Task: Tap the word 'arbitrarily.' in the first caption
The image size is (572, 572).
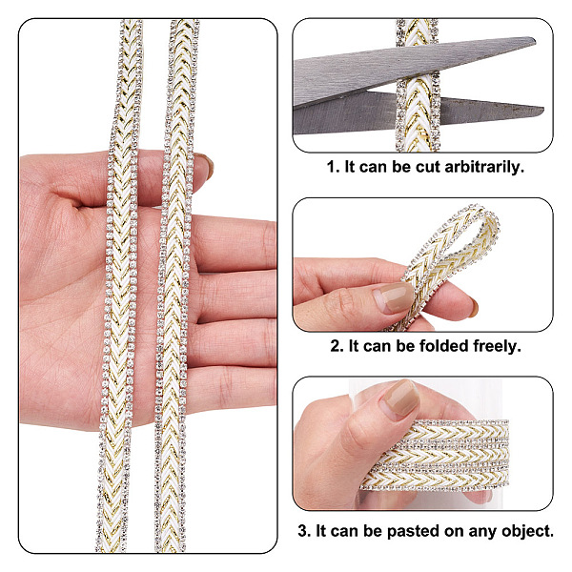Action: (484, 168)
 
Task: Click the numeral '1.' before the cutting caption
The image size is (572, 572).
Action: (334, 168)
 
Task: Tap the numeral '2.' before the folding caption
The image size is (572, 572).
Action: (337, 346)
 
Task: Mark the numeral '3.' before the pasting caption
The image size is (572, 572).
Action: (305, 531)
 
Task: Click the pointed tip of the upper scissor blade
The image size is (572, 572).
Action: (535, 40)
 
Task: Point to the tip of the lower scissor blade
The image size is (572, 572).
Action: (543, 109)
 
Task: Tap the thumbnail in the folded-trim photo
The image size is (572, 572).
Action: (394, 296)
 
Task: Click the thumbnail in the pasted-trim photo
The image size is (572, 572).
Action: (401, 398)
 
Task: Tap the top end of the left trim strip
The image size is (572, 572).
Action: (132, 22)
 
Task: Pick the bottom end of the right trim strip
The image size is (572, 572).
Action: (170, 549)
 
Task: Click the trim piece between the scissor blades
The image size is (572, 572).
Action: (418, 86)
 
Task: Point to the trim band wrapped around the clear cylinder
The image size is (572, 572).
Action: (434, 455)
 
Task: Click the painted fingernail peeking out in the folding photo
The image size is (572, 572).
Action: (474, 307)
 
